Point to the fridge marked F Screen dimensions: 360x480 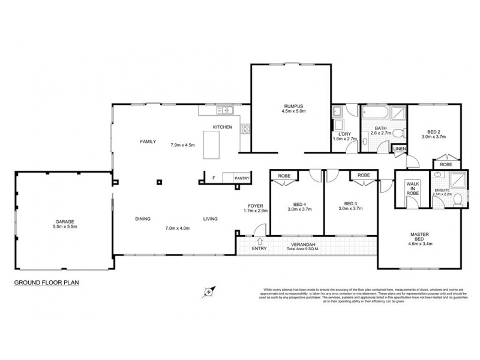point(214,178)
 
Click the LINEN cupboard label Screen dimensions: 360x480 point(398,148)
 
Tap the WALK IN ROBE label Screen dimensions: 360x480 point(412,189)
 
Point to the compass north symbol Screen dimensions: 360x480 point(209,292)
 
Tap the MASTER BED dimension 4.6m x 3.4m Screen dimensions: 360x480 point(421,244)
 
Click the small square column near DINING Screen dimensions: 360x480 point(160,181)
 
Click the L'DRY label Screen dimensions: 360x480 point(344,133)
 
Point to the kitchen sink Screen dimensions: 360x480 point(226,110)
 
